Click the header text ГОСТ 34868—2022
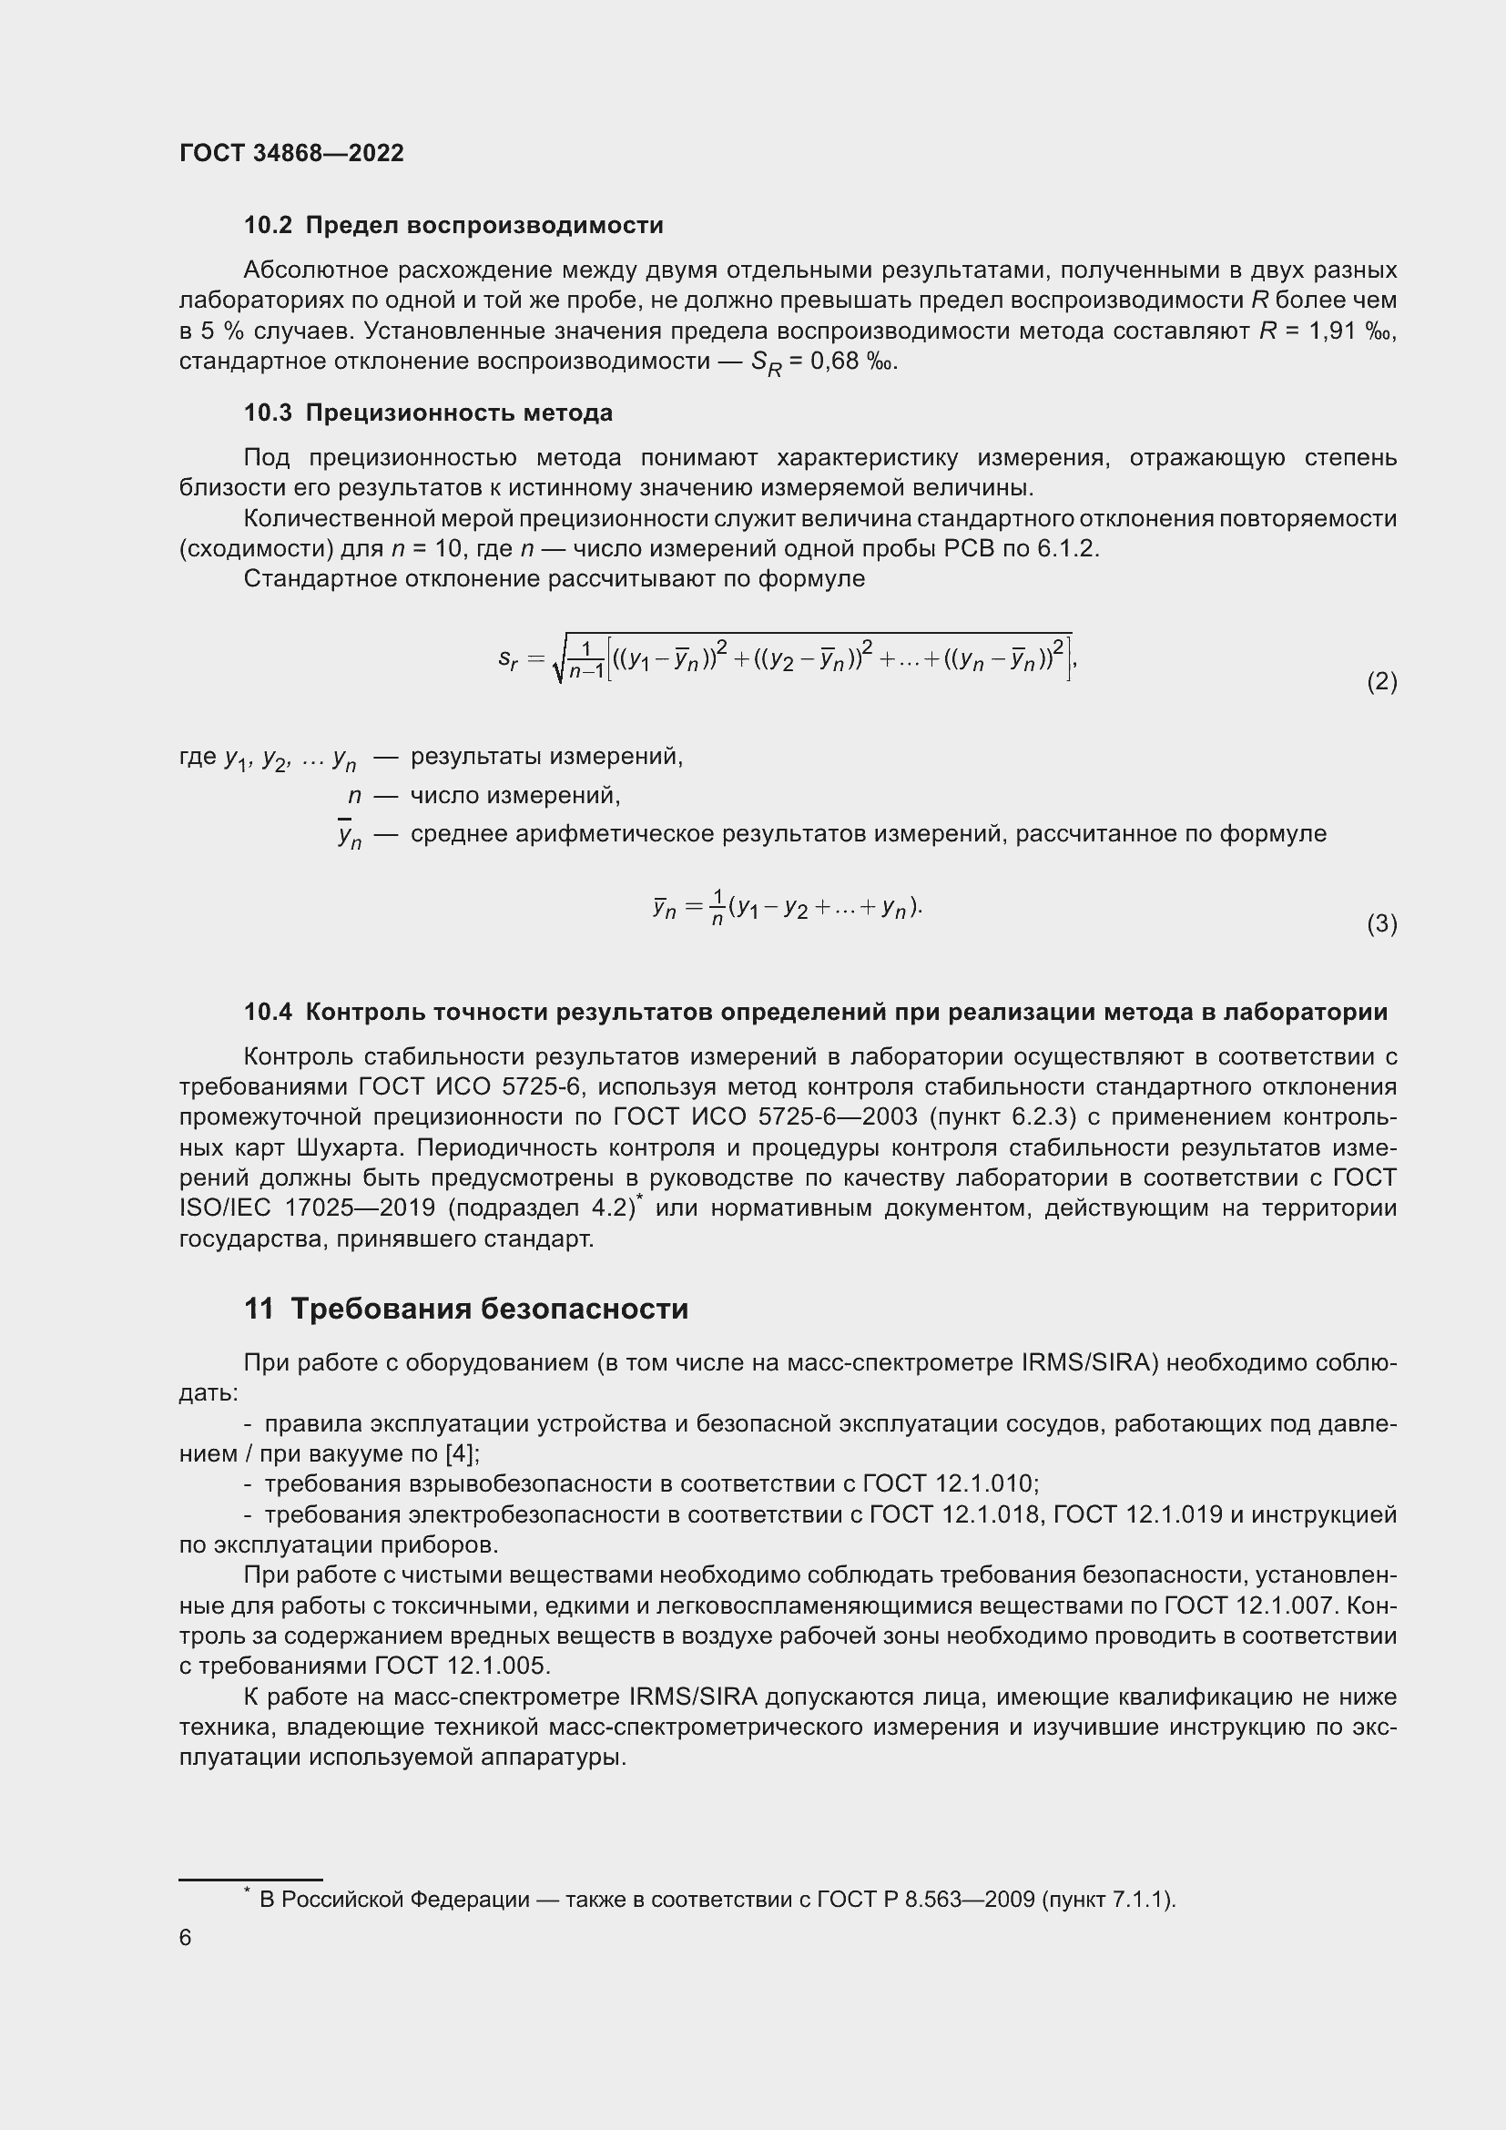(x=291, y=153)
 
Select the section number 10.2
(x=268, y=226)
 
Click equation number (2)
(x=1381, y=682)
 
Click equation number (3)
(x=1381, y=924)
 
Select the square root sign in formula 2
(x=558, y=659)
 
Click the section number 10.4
(x=268, y=1012)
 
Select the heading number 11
(x=259, y=1309)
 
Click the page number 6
(x=186, y=1937)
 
